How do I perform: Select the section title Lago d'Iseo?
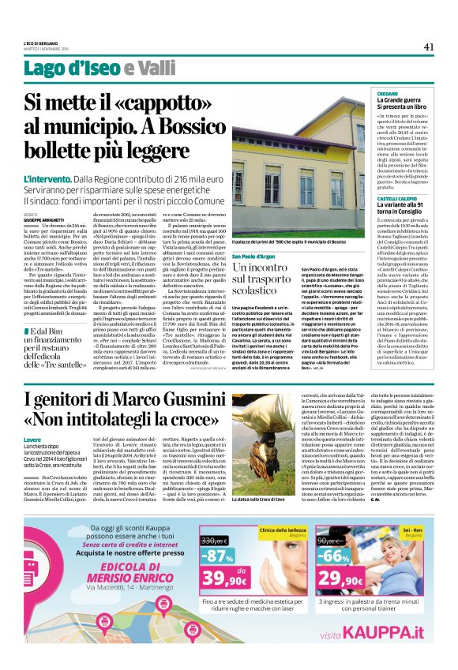(x=82, y=68)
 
